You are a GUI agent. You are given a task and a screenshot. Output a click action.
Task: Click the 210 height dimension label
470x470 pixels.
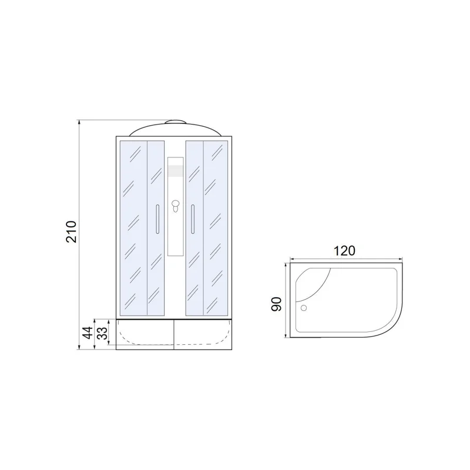tap(72, 231)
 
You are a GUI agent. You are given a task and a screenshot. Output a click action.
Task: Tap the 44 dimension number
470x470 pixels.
tap(88, 333)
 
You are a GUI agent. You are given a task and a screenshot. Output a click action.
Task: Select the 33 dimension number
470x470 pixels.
tap(103, 333)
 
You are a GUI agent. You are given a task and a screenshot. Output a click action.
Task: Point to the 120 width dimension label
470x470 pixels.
tap(344, 251)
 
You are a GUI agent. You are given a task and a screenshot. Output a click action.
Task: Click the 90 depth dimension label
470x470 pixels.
tap(276, 304)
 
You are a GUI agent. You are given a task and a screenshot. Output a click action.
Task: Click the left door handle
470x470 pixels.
tap(157, 219)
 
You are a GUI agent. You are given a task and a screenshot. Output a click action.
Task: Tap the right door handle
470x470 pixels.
tap(193, 219)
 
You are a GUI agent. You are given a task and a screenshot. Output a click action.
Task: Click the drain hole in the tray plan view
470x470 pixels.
tap(304, 308)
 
